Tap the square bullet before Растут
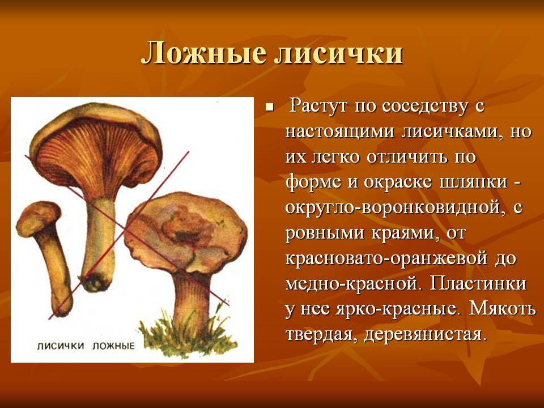coord(269,107)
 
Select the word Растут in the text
coord(318,106)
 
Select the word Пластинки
coord(478,283)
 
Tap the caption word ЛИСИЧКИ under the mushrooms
coord(61,346)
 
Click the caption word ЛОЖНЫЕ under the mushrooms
coord(113,346)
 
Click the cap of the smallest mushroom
coord(37,217)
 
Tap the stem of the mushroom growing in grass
coord(191,302)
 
